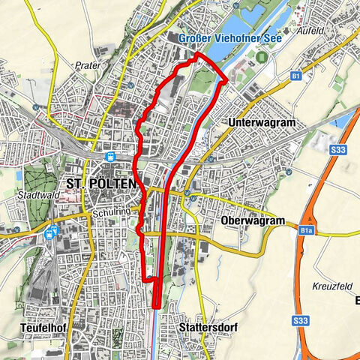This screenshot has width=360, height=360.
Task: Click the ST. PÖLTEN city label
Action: click(x=101, y=184)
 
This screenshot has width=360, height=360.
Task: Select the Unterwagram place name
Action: click(x=260, y=121)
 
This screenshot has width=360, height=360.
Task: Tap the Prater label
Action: click(x=88, y=66)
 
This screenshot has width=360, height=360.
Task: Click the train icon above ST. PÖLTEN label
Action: click(x=109, y=157)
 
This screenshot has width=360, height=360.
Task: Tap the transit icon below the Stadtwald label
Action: click(x=52, y=232)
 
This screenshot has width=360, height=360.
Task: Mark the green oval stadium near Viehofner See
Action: click(x=260, y=57)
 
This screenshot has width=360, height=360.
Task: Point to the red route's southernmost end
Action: click(x=156, y=306)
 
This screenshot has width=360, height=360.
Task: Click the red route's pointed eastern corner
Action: click(x=226, y=78)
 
